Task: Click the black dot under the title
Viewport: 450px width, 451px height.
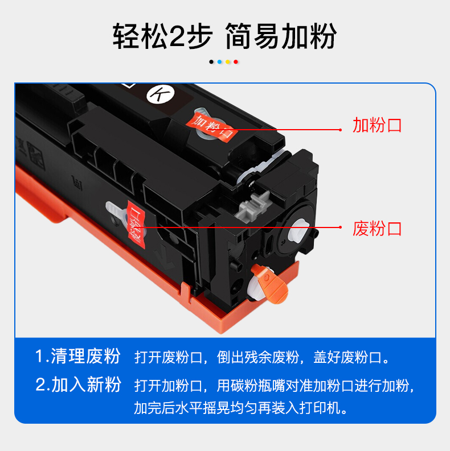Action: point(211,62)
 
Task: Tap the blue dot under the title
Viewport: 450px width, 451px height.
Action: point(219,62)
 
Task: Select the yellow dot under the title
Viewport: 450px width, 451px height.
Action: point(228,62)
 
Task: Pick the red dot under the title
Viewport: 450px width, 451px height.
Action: point(236,62)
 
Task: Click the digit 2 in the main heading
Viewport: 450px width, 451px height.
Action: point(177,36)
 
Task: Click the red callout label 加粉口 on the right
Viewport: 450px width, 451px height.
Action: point(377,125)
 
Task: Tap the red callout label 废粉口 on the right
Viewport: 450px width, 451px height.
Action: point(377,229)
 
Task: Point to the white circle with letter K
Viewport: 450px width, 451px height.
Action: point(161,94)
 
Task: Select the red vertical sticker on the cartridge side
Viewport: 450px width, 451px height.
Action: point(136,225)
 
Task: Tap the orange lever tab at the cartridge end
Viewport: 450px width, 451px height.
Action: point(270,283)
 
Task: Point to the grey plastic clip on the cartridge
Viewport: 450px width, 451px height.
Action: point(253,206)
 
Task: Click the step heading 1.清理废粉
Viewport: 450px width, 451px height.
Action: point(77,356)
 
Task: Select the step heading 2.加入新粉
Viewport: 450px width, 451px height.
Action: point(78,384)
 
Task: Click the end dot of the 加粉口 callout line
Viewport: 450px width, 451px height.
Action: point(340,130)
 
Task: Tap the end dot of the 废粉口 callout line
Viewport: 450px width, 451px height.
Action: point(340,227)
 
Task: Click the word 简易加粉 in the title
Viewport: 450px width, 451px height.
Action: point(281,36)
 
